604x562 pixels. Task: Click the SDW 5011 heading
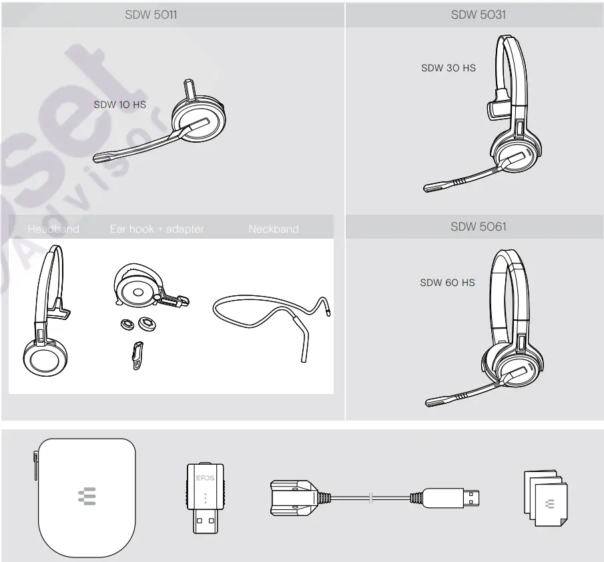coord(151,15)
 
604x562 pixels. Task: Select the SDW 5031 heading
coord(478,15)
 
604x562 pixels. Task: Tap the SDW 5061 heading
coord(478,227)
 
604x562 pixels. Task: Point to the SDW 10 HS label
coord(119,105)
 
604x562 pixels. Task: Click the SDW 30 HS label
coord(448,68)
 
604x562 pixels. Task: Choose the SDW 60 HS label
coord(447,283)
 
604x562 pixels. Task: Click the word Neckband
coord(273,229)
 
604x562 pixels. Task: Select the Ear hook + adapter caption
coord(157,229)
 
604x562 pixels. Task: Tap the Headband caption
coord(53,229)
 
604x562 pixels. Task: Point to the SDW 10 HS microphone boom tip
coord(99,158)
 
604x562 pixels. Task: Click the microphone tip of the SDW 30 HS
coord(430,187)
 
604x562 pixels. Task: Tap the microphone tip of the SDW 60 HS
coord(432,402)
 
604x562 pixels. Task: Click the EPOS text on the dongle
coord(205,478)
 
